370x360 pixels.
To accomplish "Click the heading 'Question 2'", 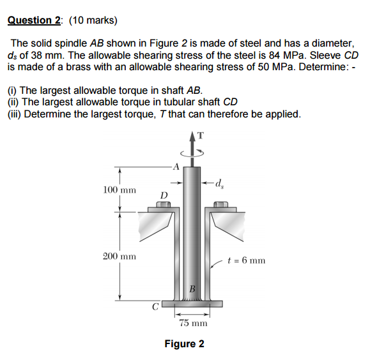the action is click(x=35, y=20).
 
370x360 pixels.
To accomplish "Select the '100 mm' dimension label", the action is click(x=119, y=190).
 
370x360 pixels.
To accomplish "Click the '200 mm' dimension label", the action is click(x=119, y=257).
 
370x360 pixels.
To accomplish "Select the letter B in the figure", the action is click(x=191, y=289).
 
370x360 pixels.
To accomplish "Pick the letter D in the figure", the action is click(x=164, y=194).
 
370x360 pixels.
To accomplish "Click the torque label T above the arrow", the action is click(x=201, y=134).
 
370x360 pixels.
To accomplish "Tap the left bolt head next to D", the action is click(x=164, y=206).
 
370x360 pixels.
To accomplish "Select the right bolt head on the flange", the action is click(x=220, y=206).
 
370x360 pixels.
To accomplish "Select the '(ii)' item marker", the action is click(x=13, y=103).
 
